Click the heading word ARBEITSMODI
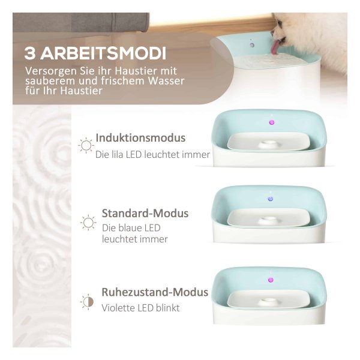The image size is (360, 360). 103,53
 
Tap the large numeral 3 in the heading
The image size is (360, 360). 30,54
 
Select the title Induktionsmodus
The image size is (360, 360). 140,138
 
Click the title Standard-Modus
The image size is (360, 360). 145,213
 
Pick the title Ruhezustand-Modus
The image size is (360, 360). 155,292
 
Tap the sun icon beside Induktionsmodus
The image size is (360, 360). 86,145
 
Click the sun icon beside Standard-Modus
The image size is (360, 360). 88,223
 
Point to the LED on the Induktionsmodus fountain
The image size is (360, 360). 271,122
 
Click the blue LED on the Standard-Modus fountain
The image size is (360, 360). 271,199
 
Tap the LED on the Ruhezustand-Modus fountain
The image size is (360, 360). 271,280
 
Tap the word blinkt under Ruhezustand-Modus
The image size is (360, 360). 167,308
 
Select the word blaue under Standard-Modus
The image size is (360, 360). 127,228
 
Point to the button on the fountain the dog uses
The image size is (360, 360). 252,45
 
